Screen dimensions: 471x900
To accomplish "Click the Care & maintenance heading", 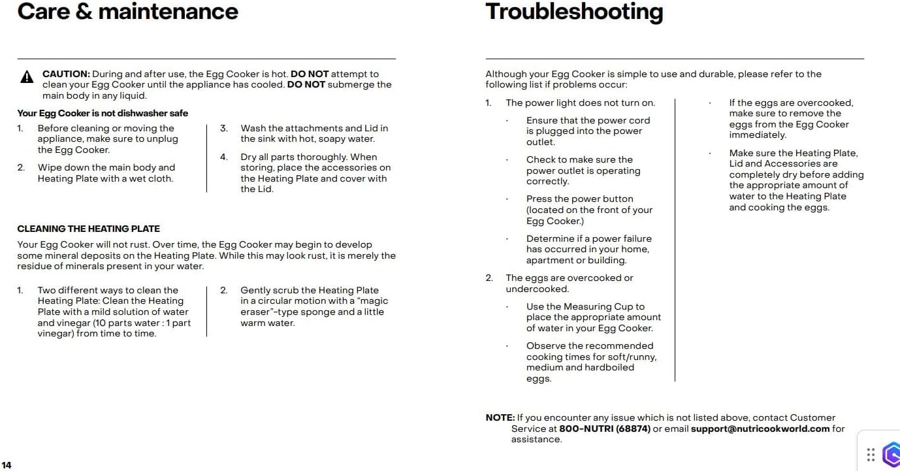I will (127, 11).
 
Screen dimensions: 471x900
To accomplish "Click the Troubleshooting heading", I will (574, 11).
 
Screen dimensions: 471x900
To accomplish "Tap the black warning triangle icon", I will (27, 78).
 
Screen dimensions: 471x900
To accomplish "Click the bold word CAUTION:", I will (66, 74).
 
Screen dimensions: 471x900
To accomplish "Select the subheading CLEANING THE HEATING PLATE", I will (88, 229).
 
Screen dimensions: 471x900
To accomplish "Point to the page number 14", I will (7, 465).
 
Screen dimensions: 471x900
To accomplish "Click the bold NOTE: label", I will (500, 417).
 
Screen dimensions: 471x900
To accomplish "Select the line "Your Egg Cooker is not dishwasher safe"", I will (103, 113).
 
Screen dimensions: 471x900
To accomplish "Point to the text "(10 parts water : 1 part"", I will (114, 323).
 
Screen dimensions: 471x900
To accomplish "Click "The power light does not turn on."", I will (580, 103).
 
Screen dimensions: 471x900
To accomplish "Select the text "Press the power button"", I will (579, 199).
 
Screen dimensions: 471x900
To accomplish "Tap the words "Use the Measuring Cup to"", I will (585, 306).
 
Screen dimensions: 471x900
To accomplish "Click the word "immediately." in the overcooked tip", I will (758, 135).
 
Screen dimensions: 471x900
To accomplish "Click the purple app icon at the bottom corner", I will (892, 455).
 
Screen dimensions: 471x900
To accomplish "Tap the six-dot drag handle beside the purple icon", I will (871, 455).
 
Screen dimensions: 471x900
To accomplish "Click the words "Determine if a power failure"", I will (588, 238).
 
